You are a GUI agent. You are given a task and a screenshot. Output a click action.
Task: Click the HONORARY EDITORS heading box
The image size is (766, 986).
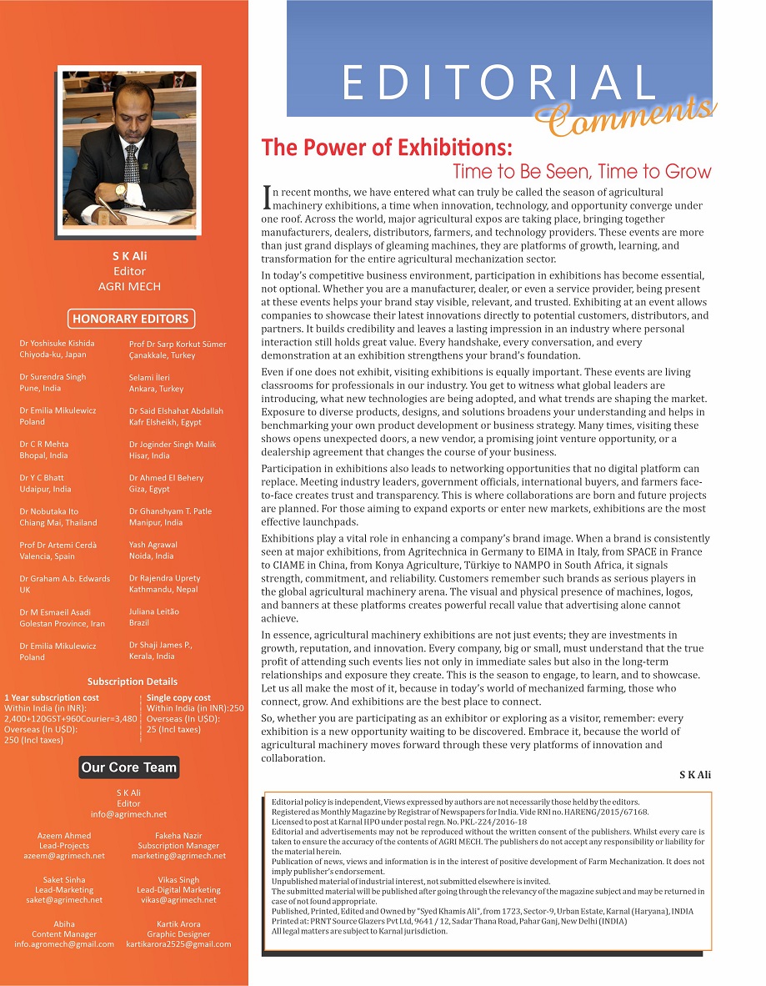(x=130, y=319)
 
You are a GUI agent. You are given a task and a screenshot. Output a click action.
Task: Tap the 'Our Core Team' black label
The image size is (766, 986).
(x=129, y=767)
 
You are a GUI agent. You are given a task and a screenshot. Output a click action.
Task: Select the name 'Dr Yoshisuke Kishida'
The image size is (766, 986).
(x=57, y=343)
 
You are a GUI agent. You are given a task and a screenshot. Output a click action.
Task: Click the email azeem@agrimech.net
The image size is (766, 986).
(x=64, y=856)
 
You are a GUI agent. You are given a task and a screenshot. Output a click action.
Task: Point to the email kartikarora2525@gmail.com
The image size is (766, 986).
(x=178, y=944)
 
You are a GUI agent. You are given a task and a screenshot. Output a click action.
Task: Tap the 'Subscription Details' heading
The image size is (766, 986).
(x=133, y=682)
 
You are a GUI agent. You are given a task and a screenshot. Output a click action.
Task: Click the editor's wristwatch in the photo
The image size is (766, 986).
(x=120, y=191)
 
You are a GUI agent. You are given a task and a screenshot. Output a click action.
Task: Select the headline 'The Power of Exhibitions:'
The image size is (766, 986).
(x=387, y=148)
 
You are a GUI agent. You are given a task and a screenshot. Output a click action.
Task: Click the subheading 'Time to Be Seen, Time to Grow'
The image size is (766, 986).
(x=582, y=172)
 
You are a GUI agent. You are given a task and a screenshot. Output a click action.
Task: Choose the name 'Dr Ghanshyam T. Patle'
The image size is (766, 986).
(x=170, y=511)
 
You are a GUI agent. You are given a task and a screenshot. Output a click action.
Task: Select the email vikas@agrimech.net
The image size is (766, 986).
(x=178, y=900)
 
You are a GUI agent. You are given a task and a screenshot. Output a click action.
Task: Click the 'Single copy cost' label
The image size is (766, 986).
(x=178, y=697)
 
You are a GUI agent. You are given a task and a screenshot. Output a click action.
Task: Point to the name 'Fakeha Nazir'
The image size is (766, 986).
(x=178, y=835)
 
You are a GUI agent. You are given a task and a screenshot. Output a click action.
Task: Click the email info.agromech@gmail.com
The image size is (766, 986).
(x=64, y=944)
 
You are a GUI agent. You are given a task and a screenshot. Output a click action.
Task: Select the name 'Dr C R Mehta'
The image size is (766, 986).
(x=44, y=445)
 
